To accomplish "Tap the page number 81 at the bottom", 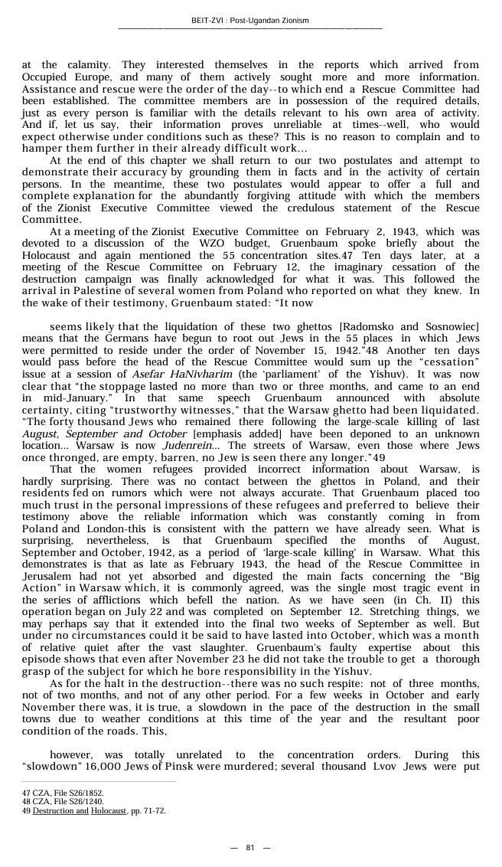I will [250, 847].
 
